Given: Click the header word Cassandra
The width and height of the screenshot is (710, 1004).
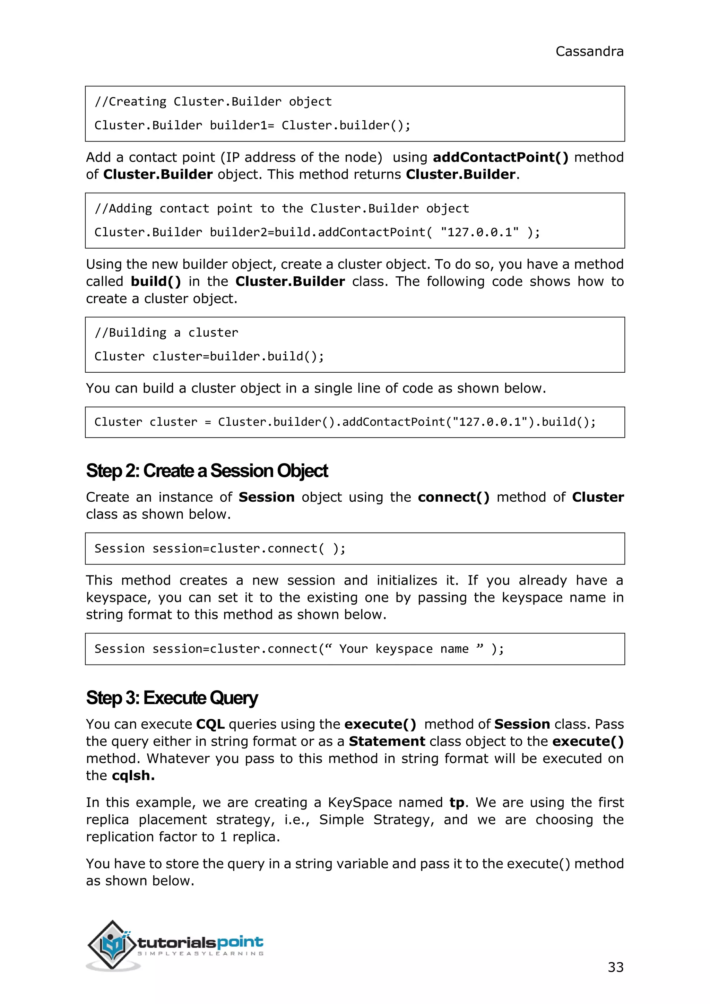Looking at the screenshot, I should (x=589, y=52).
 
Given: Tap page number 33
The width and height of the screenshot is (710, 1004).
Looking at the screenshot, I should (x=615, y=967).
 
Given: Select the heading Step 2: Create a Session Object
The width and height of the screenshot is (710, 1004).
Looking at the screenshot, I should (x=207, y=471).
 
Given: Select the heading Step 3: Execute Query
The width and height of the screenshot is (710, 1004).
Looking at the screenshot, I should (x=172, y=698).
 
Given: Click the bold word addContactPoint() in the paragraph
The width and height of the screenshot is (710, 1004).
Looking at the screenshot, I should (x=500, y=157).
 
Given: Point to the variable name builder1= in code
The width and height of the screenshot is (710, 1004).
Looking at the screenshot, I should (x=242, y=125).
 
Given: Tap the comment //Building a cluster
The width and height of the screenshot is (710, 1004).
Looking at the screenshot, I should (x=166, y=333).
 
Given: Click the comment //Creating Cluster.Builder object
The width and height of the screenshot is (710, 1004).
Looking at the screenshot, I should (x=213, y=102).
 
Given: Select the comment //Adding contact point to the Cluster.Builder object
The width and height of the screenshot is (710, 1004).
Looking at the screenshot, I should (x=282, y=209).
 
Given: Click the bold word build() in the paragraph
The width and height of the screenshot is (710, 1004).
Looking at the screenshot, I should (x=156, y=281).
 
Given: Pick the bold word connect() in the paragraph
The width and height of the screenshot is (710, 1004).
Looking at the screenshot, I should (x=453, y=497).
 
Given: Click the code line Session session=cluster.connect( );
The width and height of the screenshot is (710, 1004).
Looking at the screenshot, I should (x=220, y=548).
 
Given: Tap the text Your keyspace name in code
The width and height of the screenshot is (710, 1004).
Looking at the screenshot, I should (x=404, y=649).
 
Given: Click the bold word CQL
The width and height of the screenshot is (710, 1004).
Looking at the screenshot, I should (x=210, y=724).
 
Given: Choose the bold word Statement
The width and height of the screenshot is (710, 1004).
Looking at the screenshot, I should (x=387, y=741).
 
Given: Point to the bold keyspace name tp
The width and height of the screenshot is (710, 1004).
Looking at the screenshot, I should (x=457, y=803).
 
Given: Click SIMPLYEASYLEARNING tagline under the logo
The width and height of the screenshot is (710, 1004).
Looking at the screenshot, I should (x=201, y=953).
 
